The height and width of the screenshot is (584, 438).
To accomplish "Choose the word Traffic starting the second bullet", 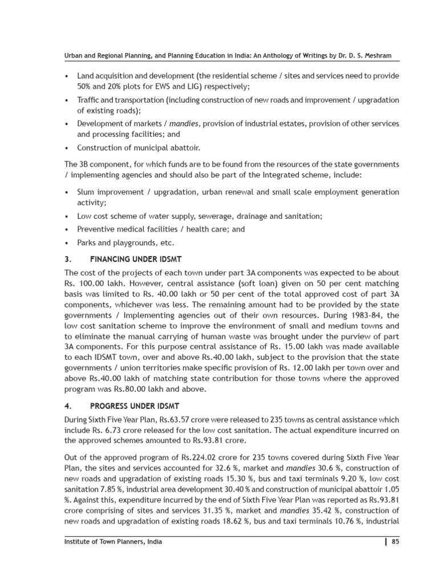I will click(x=89, y=100).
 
